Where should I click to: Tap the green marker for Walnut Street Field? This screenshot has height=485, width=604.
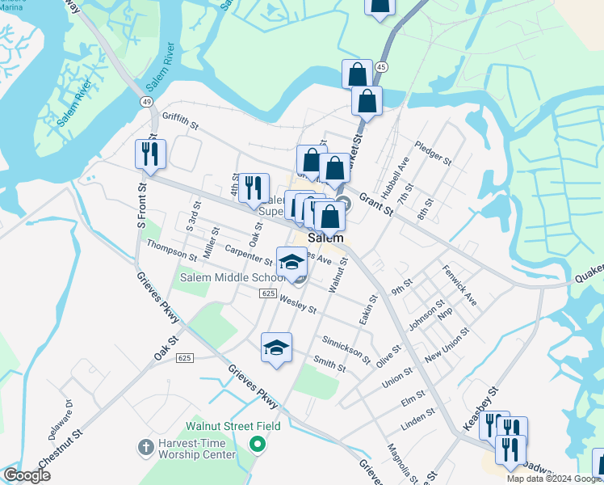[257, 443]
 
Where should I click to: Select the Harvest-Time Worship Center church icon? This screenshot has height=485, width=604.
[145, 446]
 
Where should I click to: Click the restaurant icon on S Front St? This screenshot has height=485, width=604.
[150, 154]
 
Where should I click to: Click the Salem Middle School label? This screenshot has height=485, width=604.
[228, 277]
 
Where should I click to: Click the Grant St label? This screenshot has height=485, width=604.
[375, 204]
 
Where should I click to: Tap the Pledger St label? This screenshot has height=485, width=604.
[433, 153]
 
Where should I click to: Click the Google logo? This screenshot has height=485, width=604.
[27, 475]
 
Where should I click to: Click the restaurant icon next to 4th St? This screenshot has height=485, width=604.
[254, 188]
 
